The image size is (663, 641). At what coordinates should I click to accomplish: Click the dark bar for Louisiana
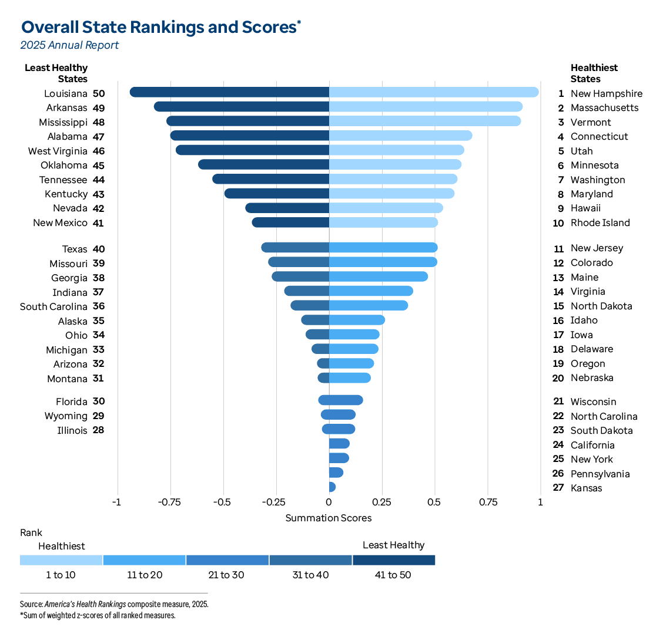[x=229, y=92]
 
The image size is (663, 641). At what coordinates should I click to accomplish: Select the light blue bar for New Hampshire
[x=434, y=92]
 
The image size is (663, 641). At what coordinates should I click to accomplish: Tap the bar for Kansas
[x=332, y=487]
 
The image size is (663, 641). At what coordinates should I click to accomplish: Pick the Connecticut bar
[x=400, y=136]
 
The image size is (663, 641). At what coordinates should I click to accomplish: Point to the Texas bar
[x=295, y=248]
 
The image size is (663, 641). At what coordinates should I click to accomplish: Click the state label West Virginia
[x=58, y=151]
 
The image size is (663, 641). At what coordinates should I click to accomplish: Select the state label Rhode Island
[x=600, y=223]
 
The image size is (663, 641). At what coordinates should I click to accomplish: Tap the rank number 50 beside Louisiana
[x=99, y=93]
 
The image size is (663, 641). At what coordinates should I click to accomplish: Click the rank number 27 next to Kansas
[x=558, y=488]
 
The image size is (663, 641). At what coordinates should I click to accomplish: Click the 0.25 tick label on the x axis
[x=381, y=502]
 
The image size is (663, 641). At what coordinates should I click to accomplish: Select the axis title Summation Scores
[x=329, y=518]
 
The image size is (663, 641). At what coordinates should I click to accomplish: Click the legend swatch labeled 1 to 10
[x=61, y=560]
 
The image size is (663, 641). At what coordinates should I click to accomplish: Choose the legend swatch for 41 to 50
[x=394, y=560]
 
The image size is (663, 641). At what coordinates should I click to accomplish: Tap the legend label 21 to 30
[x=227, y=575]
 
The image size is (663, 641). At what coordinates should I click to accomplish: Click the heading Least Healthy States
[x=56, y=73]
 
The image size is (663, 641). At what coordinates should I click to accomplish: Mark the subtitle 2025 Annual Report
[x=69, y=45]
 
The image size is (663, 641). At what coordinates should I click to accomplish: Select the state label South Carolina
[x=53, y=306]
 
